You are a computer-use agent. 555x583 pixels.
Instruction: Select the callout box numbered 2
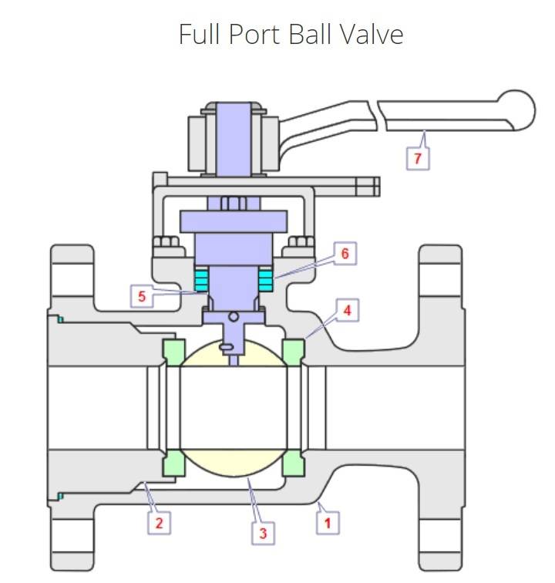(x=160, y=523)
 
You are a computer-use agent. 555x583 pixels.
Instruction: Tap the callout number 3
(x=264, y=532)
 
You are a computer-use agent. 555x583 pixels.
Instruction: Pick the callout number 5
(x=141, y=296)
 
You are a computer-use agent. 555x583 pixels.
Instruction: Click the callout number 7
(x=418, y=157)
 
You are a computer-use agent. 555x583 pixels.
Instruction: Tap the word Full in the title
(x=197, y=34)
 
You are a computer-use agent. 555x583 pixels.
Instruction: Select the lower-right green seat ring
(x=293, y=463)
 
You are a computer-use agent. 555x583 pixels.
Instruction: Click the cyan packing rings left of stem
(x=202, y=279)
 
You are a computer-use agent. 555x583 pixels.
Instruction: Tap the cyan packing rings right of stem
(x=267, y=279)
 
